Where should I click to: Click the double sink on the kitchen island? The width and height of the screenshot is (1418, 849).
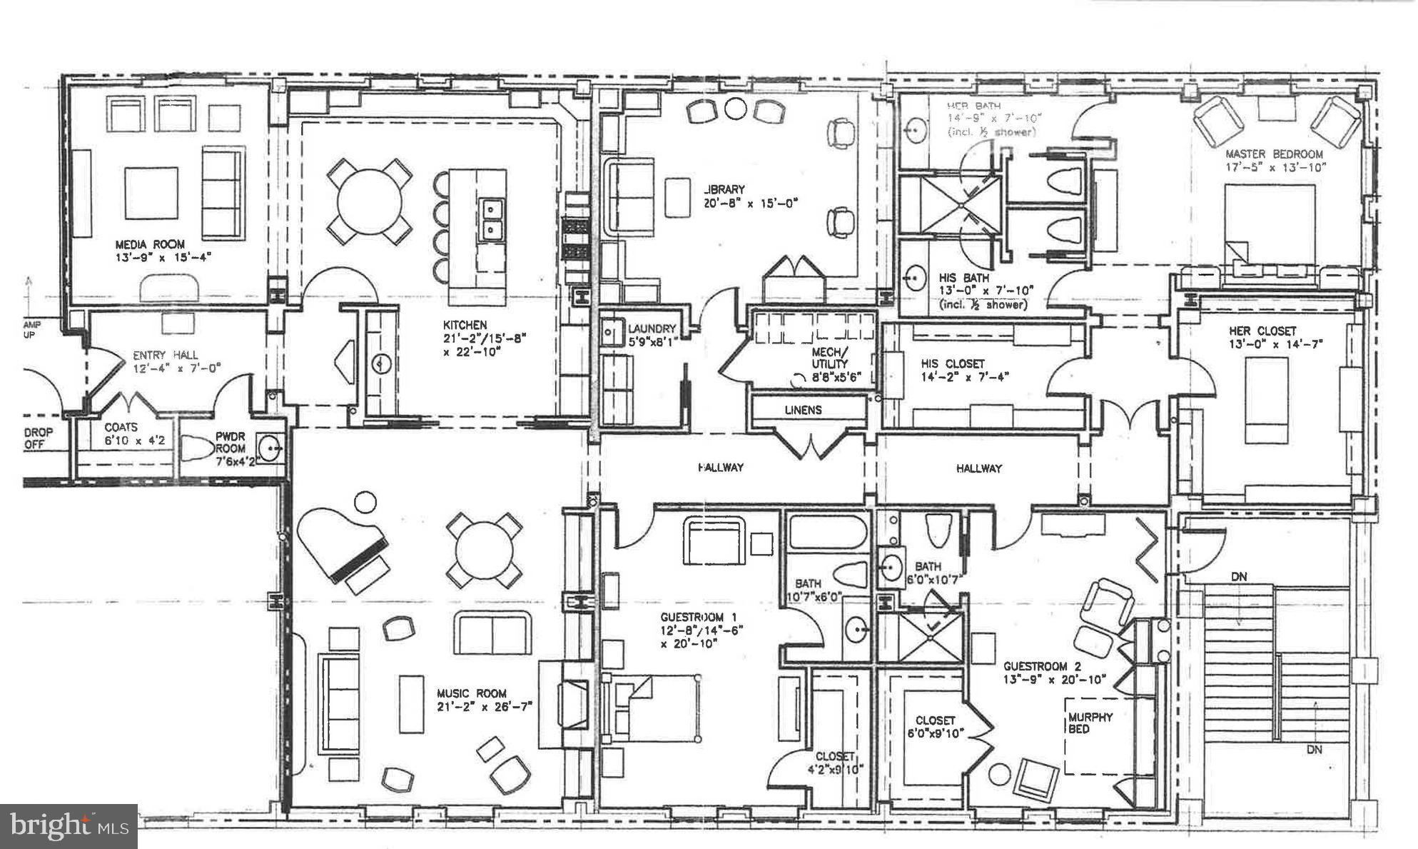pyautogui.click(x=491, y=219)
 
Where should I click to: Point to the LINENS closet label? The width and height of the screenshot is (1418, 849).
pyautogui.click(x=803, y=410)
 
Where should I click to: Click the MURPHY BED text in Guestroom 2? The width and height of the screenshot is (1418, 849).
pyautogui.click(x=1090, y=723)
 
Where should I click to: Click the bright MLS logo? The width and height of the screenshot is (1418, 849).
pyautogui.click(x=68, y=827)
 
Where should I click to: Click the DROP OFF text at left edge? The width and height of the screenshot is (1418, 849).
pyautogui.click(x=39, y=438)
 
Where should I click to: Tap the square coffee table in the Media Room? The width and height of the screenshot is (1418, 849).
pyautogui.click(x=151, y=193)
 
